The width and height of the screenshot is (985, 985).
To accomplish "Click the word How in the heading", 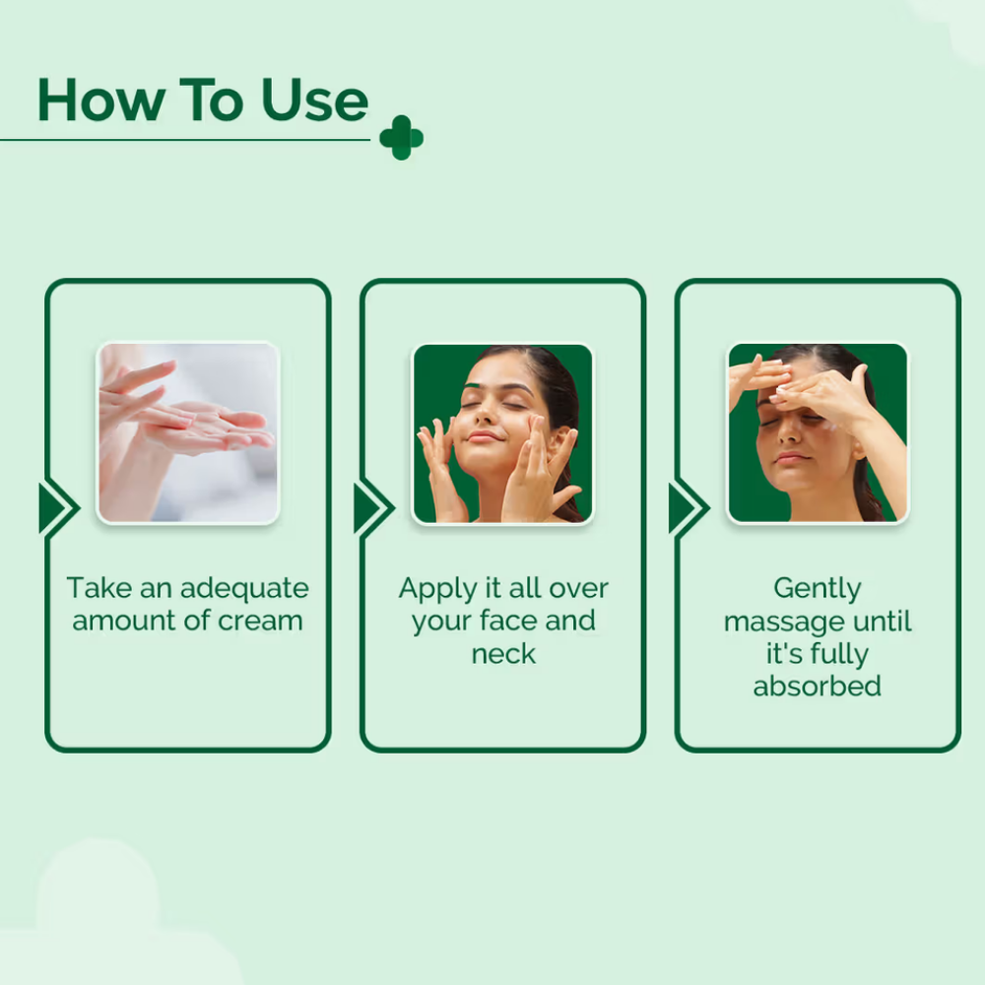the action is pos(101,99).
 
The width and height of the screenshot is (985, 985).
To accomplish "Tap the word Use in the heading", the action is pos(314,99).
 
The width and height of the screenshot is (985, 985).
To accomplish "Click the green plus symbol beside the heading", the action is pos(402,138).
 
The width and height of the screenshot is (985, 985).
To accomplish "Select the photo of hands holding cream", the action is pos(188,432).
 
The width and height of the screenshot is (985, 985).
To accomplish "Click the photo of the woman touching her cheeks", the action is pos(502,432).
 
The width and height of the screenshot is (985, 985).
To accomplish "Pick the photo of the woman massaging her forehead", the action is pos(818,432).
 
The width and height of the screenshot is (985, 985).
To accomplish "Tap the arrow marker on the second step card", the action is pos(373,508).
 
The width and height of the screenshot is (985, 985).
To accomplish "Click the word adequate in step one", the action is pos(244,590).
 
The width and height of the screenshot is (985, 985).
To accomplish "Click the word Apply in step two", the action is pos(438,590).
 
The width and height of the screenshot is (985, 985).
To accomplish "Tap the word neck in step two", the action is pos(503,654).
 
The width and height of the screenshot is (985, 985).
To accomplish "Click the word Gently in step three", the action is pos(818,590).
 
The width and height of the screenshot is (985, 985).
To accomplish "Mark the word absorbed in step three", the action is pos(818,686).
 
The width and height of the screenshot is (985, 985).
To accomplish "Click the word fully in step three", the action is pos(838,655).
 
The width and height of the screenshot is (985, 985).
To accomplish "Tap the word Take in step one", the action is pos(99,589).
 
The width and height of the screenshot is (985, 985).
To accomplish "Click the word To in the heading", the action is pos(212,99).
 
